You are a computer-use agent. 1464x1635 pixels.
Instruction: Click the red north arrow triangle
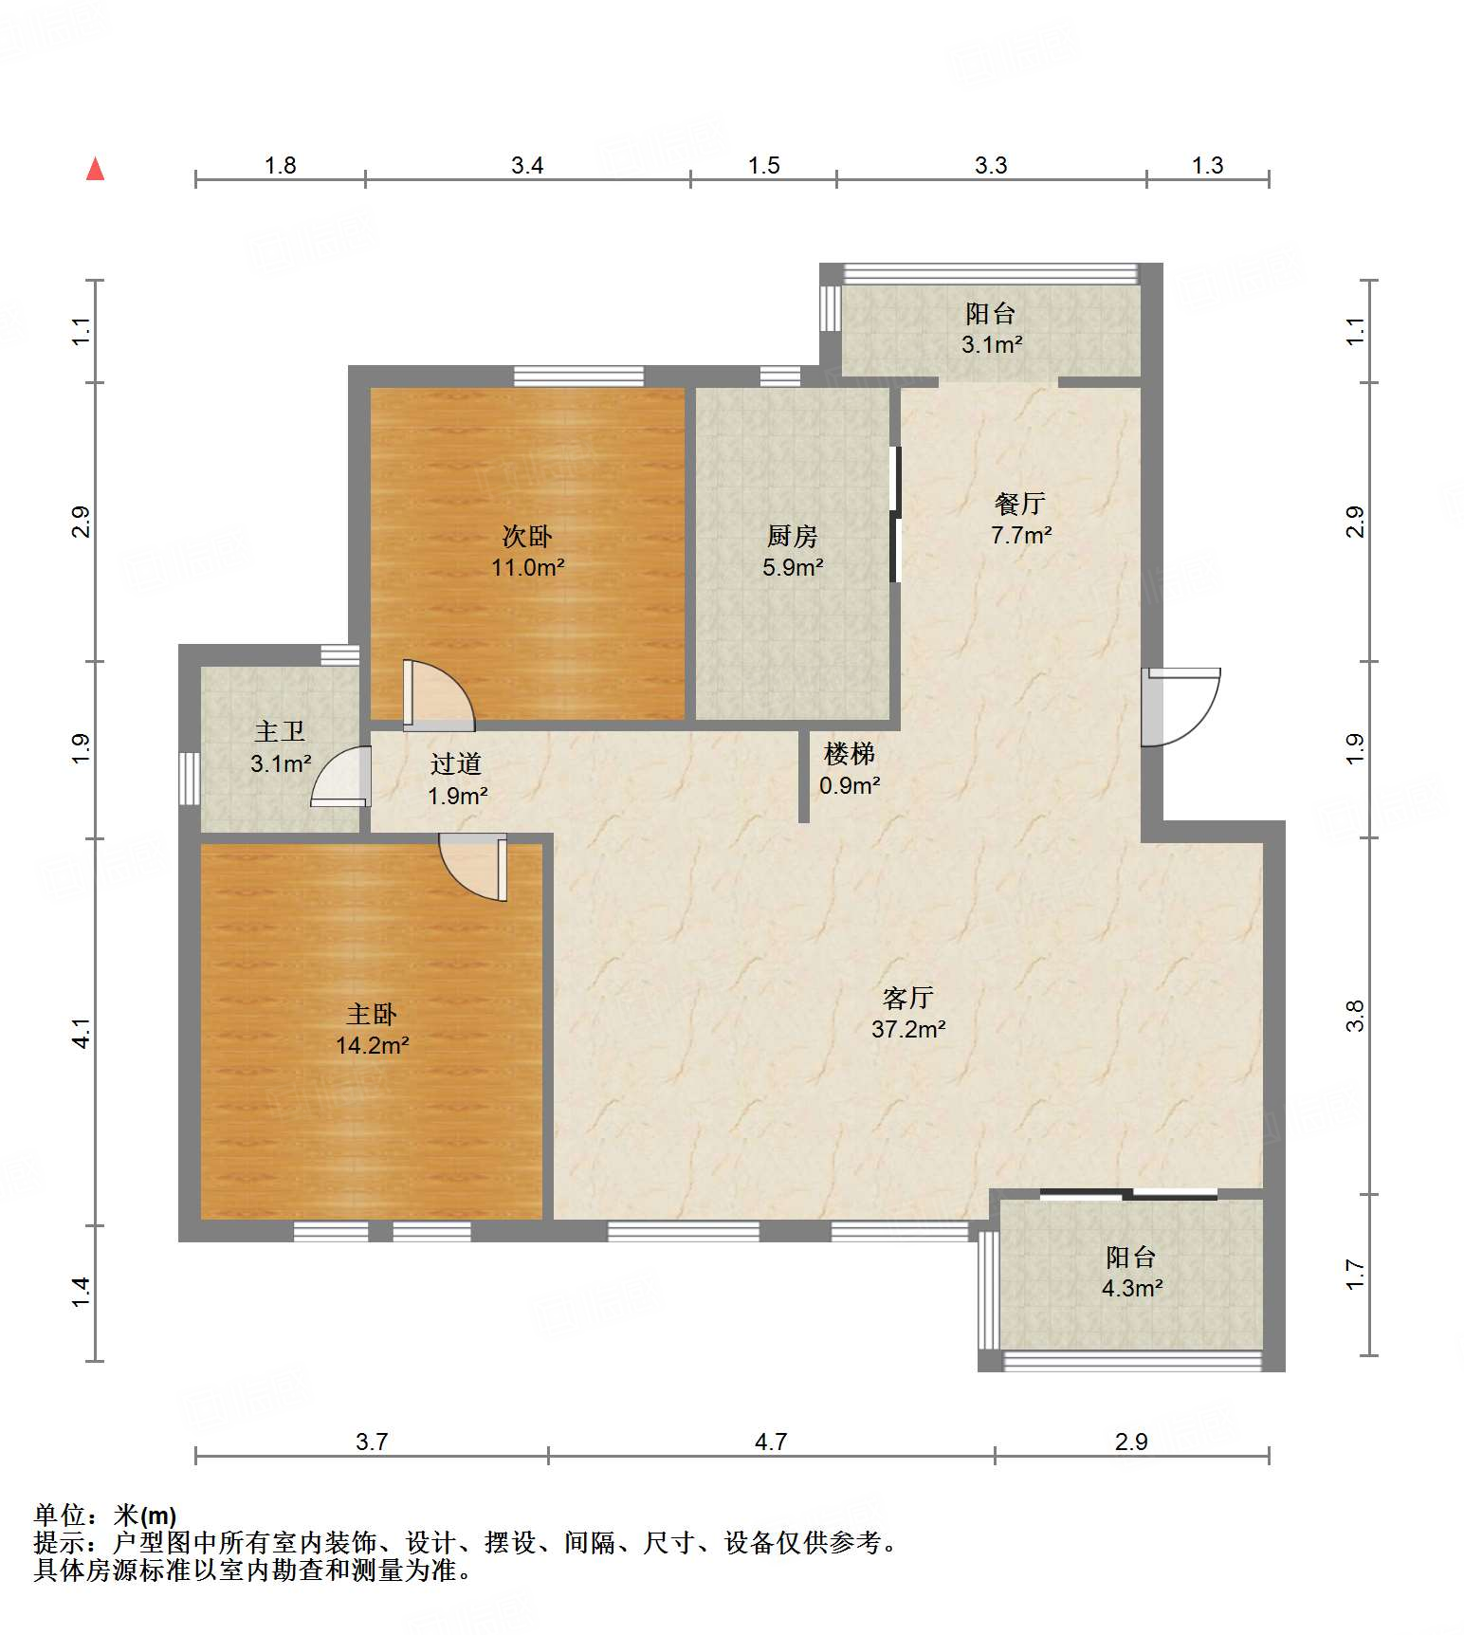(x=95, y=170)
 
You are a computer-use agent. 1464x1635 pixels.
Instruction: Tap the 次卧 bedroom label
(x=527, y=536)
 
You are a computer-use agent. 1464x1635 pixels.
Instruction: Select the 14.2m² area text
(x=372, y=1045)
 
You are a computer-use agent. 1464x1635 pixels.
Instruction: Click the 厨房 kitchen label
(x=792, y=536)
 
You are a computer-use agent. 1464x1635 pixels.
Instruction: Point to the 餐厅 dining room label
(x=1020, y=503)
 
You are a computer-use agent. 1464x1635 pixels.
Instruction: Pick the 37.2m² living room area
(x=908, y=1029)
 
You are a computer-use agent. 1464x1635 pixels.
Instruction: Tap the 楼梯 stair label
(x=849, y=754)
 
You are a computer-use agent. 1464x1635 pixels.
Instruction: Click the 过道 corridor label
(x=456, y=763)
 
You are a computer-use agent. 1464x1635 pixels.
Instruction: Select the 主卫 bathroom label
(x=280, y=731)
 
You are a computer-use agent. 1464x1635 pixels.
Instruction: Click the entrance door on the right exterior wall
(x=1180, y=707)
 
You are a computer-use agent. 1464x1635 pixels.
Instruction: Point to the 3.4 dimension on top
(x=527, y=166)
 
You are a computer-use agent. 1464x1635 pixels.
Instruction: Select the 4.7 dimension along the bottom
(x=771, y=1442)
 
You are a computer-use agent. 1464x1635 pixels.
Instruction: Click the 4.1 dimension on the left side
(x=82, y=1033)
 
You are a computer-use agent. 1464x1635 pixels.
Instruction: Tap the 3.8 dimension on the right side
(x=1355, y=1016)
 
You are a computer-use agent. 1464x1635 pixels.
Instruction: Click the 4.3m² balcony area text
(x=1131, y=1288)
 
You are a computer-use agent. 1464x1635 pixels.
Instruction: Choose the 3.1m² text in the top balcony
(x=991, y=344)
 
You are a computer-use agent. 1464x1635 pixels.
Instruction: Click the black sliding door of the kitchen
(x=894, y=514)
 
